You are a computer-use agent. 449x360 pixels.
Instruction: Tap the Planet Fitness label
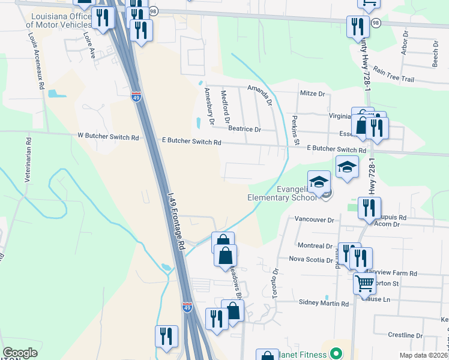click(304, 354)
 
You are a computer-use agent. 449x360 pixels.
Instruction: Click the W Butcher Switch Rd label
click(108, 137)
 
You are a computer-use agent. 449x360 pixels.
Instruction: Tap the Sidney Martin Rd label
click(324, 304)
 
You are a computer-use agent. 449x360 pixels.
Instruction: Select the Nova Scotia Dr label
click(311, 260)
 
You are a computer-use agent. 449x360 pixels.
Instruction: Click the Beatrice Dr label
click(244, 129)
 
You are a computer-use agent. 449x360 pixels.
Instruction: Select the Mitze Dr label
click(312, 94)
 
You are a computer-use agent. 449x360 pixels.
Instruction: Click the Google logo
click(20, 353)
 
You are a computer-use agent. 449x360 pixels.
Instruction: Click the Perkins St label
click(295, 130)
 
